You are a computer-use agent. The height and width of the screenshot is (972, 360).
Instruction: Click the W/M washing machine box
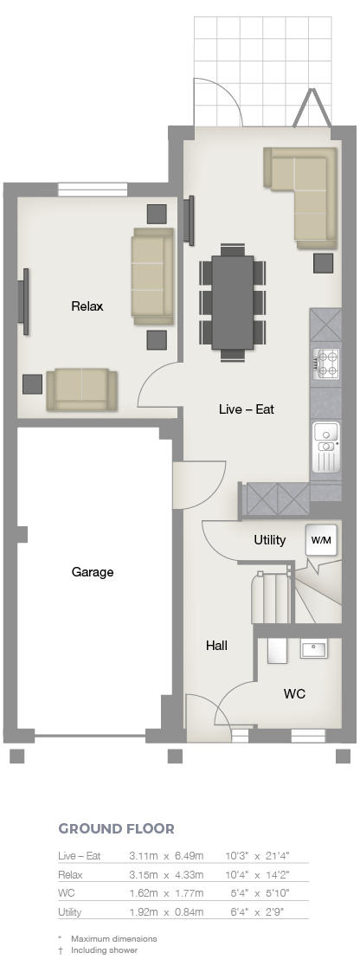coord(321,540)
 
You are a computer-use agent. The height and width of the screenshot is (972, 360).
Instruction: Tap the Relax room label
coord(87,306)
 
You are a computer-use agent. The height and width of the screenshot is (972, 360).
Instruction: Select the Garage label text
coord(93,572)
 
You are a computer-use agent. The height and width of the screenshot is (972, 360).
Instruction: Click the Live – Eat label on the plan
coord(247,409)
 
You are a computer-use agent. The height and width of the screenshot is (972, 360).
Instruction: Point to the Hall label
coord(216,646)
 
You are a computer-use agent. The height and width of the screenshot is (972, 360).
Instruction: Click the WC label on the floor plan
coord(294,693)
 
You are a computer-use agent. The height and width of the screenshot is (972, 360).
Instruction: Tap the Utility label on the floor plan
coord(269,540)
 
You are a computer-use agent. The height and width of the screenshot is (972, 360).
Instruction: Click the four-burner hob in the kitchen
coord(326,364)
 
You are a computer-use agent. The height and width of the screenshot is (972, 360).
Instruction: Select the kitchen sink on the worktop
coord(326,447)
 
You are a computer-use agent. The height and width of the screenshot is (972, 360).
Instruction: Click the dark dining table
coord(233,302)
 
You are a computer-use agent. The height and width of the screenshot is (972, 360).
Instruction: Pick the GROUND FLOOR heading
coord(117,829)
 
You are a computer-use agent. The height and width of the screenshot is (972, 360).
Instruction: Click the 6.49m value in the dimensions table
coord(189,856)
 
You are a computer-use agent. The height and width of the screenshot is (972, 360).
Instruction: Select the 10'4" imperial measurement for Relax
coord(236,875)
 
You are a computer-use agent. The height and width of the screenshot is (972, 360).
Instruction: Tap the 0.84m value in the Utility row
coord(189,912)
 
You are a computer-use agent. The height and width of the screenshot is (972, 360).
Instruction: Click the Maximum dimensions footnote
coord(114,938)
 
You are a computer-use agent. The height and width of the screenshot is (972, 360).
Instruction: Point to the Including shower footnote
coord(104,949)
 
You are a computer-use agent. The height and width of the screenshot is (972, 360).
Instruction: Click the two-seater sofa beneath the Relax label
coord(82,389)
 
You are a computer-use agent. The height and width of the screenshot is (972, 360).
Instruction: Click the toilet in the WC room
coord(278,649)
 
